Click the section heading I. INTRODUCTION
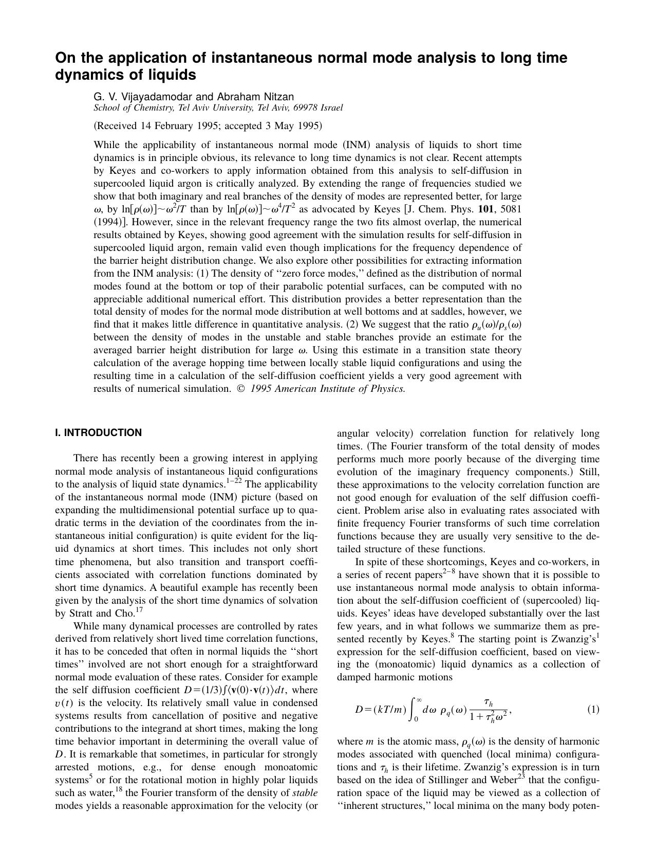pos(98,433)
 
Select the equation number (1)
pos(593,710)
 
